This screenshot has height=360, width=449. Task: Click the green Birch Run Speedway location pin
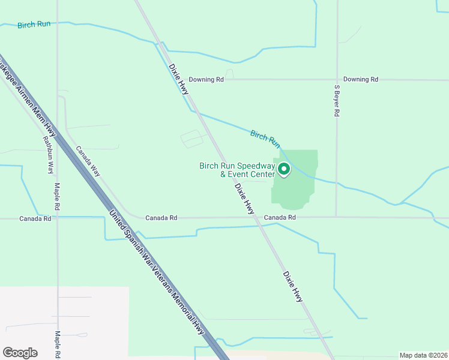(283, 170)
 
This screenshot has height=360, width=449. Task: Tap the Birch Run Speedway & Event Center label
(237, 170)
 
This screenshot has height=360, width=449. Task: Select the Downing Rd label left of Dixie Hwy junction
(206, 79)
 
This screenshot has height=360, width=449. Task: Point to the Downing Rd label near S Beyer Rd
(361, 79)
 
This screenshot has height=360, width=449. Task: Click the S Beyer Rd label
(337, 100)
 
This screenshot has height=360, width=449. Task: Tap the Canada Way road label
(88, 161)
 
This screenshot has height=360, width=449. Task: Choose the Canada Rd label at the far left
(35, 218)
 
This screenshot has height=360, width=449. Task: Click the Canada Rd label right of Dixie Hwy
(280, 217)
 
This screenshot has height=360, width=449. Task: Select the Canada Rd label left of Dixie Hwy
(161, 218)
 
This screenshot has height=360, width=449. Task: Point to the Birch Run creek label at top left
(34, 25)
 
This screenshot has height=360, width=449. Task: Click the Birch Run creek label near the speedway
(265, 139)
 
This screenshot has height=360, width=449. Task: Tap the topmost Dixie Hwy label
(179, 79)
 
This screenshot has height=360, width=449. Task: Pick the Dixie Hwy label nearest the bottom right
(294, 286)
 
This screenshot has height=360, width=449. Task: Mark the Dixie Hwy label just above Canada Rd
(244, 198)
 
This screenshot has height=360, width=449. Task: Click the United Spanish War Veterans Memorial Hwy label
(157, 272)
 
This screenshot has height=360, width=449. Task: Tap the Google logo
(20, 352)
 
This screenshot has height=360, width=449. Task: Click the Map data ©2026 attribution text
(423, 355)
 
